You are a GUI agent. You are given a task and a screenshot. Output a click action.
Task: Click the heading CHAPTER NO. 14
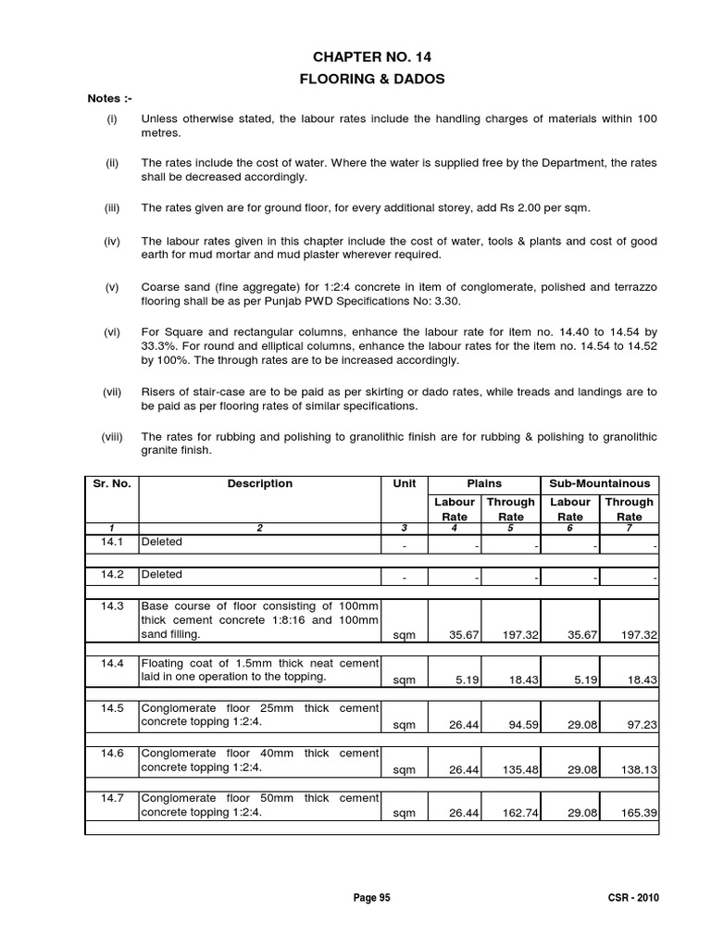point(371,57)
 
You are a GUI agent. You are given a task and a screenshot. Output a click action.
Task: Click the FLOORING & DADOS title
point(371,80)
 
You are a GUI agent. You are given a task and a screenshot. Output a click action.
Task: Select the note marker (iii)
point(111,208)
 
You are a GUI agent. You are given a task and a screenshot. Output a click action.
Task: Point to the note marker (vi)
point(111,331)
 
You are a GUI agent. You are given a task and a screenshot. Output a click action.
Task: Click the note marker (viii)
point(112,436)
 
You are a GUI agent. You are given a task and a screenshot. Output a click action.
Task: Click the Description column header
point(259,483)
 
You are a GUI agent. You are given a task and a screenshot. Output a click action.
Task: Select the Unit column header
point(405,483)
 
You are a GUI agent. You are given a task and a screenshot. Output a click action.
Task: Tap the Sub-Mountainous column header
point(599,483)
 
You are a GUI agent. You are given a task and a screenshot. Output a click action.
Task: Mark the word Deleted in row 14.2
point(162,574)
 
